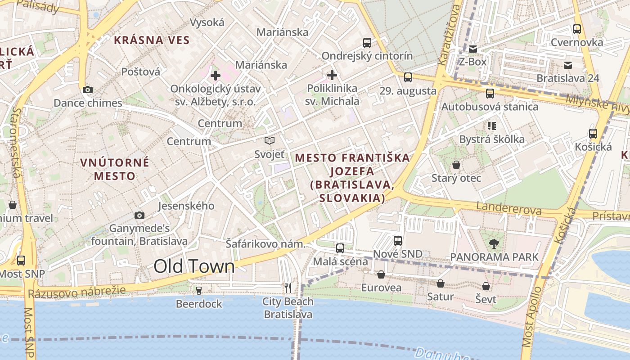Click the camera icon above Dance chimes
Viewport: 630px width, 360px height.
tap(88, 90)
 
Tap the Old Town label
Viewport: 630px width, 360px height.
tap(194, 266)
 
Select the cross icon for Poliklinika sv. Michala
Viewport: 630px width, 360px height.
tap(332, 75)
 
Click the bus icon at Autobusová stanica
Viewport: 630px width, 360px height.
tap(490, 94)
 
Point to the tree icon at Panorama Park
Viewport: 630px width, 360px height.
tap(494, 244)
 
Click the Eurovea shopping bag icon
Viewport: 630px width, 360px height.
tap(381, 274)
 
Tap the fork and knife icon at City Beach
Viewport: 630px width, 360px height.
tap(288, 288)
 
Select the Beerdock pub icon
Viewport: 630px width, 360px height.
tap(199, 291)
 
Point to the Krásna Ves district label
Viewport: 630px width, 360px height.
tap(152, 40)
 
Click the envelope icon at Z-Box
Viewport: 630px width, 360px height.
tap(472, 49)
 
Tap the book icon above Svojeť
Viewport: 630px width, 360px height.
tap(270, 141)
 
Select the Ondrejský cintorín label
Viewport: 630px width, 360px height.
tap(367, 56)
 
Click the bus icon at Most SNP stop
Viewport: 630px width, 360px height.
tap(21, 260)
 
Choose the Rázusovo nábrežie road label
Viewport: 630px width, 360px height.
tap(76, 293)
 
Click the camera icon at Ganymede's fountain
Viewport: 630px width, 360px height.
tap(139, 215)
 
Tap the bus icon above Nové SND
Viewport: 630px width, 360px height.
tap(397, 241)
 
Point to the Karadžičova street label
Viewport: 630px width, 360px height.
tap(449, 36)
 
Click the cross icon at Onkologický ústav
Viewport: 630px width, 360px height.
tap(216, 75)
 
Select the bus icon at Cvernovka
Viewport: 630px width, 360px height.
tap(577, 29)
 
